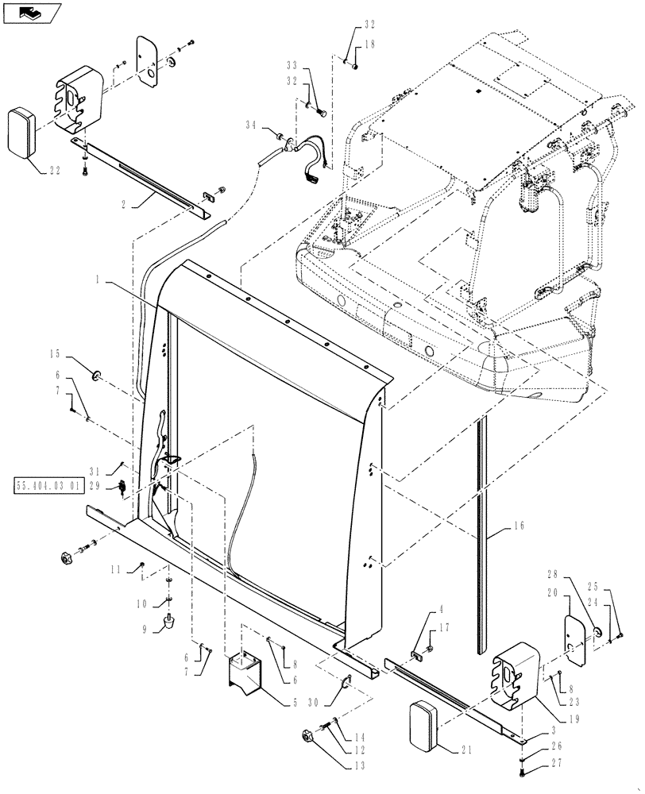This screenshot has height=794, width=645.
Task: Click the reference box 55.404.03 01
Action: click(48, 485)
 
